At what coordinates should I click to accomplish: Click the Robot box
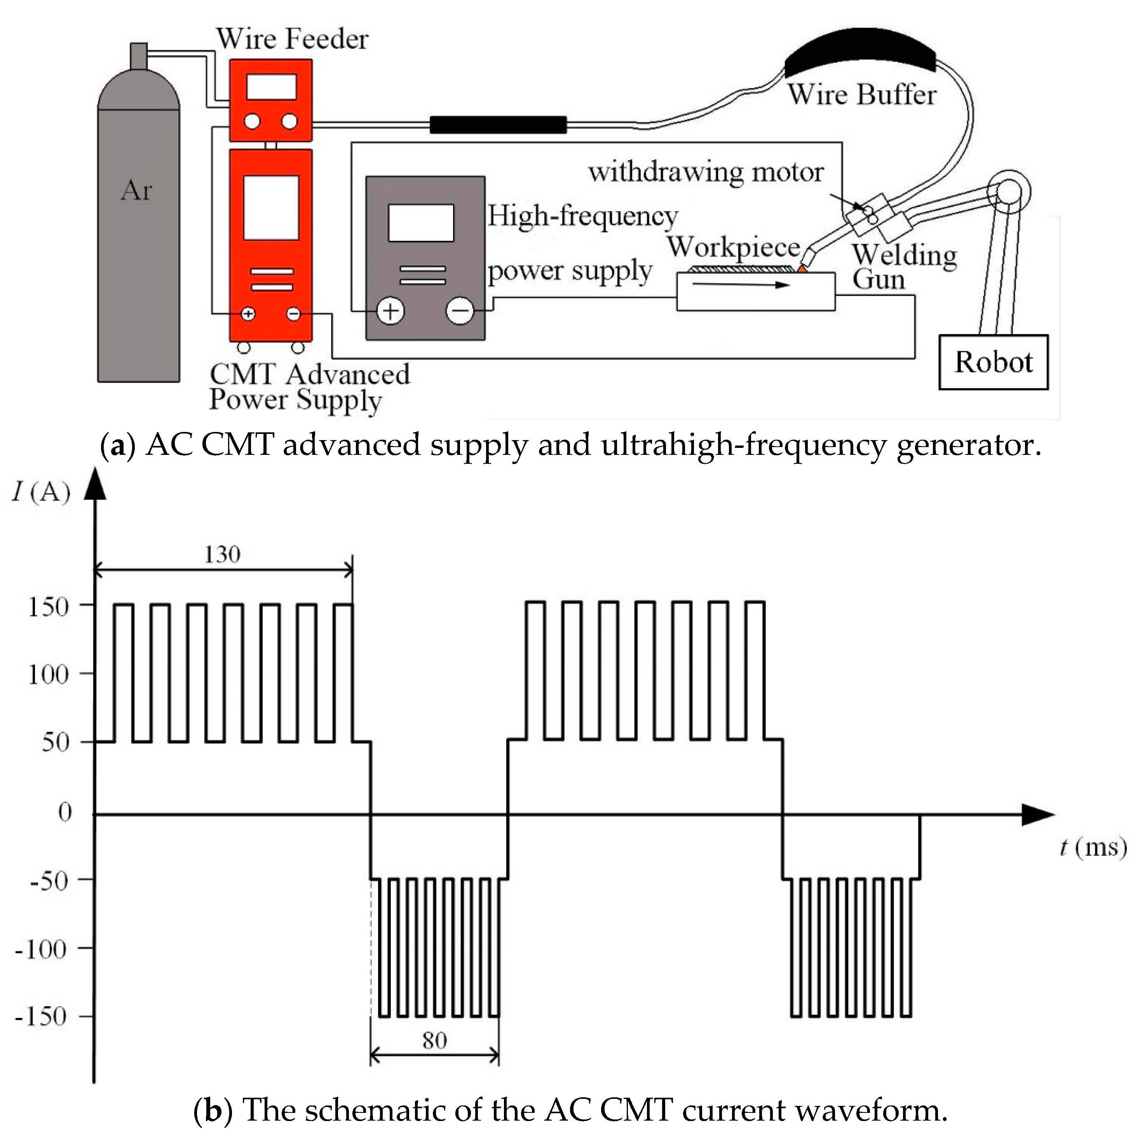(x=993, y=362)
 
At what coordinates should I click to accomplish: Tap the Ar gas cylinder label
(x=136, y=191)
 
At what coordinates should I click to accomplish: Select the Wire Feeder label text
(x=292, y=39)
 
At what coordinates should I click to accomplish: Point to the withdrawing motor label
(x=705, y=172)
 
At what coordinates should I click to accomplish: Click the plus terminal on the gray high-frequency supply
(x=390, y=311)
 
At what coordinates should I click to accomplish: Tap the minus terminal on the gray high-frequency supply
(x=460, y=310)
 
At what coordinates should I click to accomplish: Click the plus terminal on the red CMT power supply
(x=248, y=313)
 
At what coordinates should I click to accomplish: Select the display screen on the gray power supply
(x=421, y=223)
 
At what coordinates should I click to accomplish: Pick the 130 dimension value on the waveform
(x=222, y=555)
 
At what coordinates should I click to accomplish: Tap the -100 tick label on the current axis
(x=41, y=950)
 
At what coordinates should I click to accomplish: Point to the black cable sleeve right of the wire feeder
(x=497, y=125)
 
